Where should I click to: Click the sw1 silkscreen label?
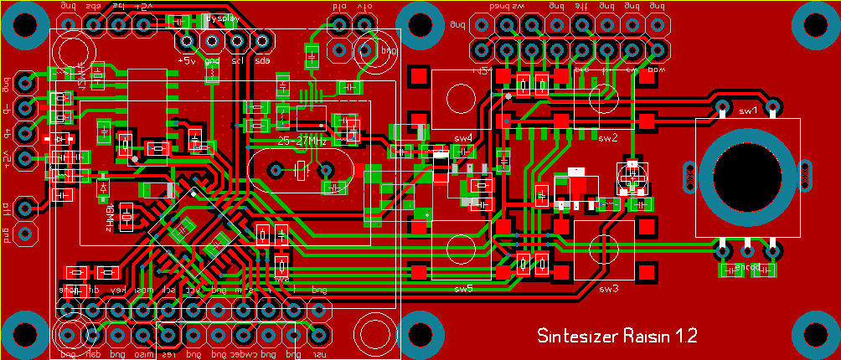tap(747, 110)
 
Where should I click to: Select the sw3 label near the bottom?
tap(608, 289)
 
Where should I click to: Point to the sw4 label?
tap(463, 137)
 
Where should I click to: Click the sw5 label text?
tap(463, 289)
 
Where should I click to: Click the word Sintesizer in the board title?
tap(577, 336)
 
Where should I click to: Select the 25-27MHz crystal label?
tap(302, 141)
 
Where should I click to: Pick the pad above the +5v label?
tap(186, 40)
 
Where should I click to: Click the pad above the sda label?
tap(262, 40)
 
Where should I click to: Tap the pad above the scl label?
tap(237, 40)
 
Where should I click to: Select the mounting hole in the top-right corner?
tap(817, 25)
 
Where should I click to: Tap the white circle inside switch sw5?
tap(462, 249)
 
